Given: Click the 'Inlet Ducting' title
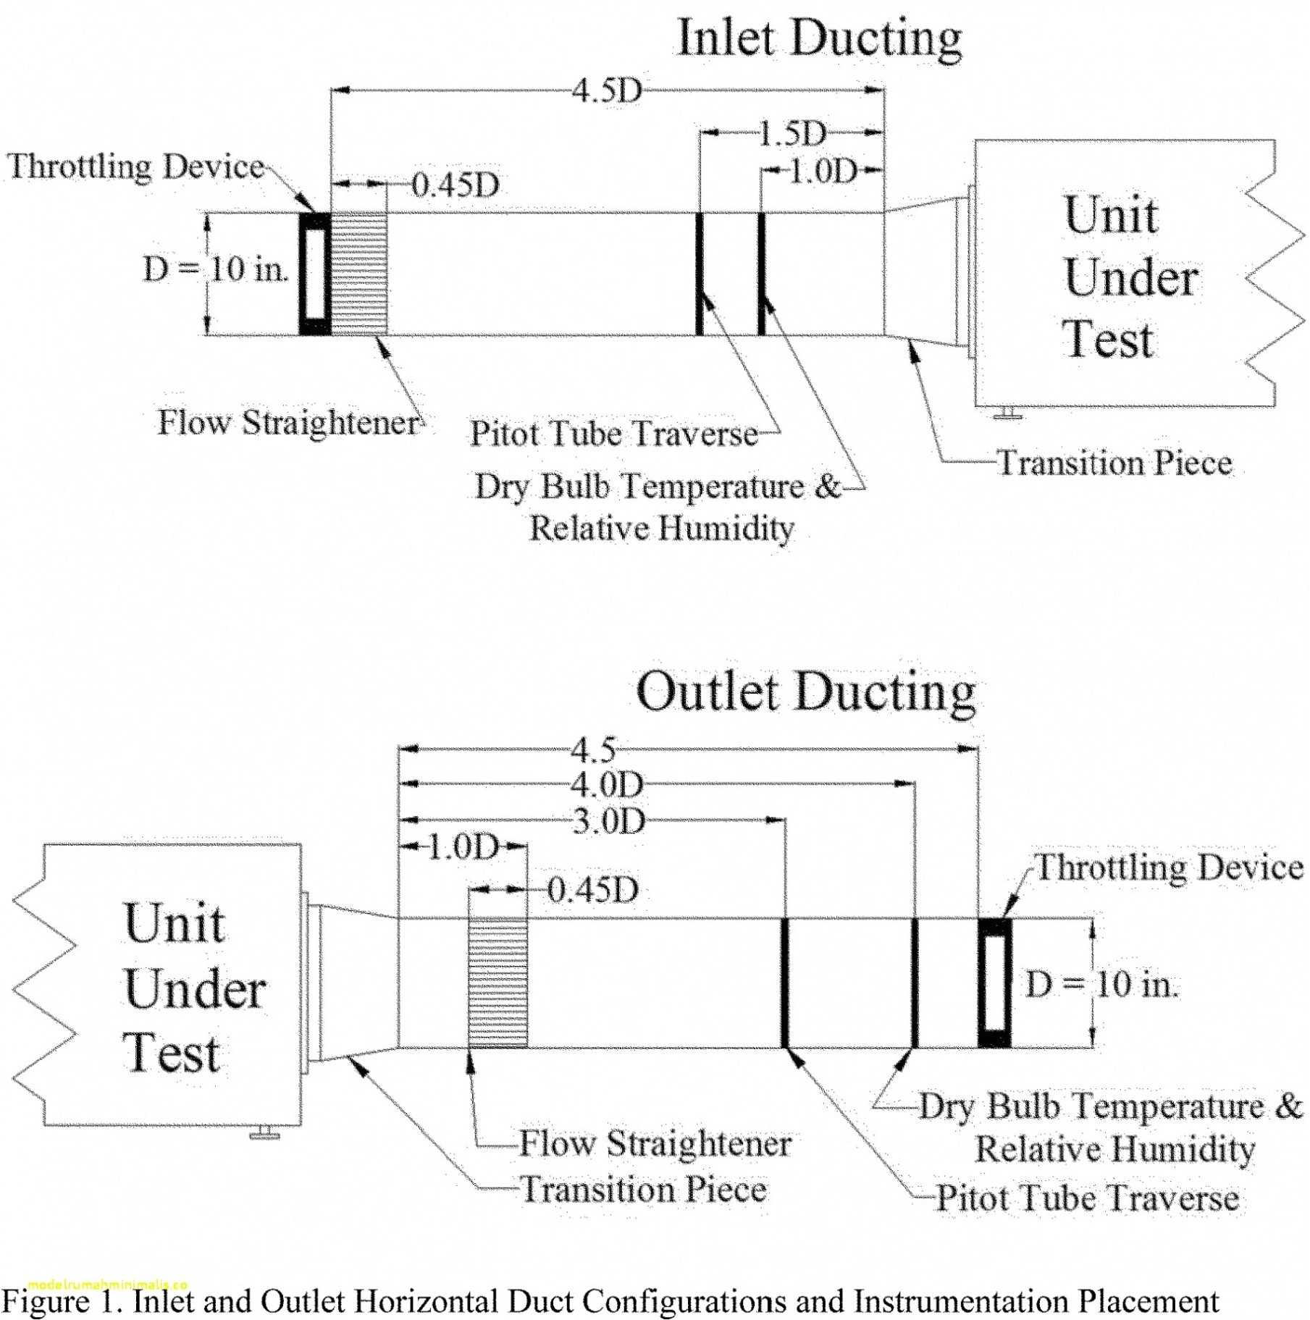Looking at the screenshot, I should tap(818, 38).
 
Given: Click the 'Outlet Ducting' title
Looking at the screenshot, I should tap(805, 692).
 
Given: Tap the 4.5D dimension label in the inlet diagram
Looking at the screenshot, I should tap(607, 91).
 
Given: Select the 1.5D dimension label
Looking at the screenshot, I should tap(792, 133).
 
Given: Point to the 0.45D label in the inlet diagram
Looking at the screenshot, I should tap(455, 185).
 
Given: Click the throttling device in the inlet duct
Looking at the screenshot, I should tap(315, 274).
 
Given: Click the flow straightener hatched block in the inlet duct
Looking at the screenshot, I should tap(359, 274).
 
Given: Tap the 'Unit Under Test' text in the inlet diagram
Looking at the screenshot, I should tap(1130, 277).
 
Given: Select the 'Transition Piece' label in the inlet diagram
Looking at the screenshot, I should tap(1114, 463).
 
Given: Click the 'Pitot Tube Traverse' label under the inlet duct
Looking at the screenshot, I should tap(613, 434).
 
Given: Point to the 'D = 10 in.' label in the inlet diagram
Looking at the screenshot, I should tap(216, 270).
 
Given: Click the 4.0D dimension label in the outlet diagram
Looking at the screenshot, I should tap(607, 784).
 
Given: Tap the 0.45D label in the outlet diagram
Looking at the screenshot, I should tap(592, 890).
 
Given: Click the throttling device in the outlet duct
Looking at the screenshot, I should tap(994, 983).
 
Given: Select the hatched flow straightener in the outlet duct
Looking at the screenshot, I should tap(497, 983).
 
